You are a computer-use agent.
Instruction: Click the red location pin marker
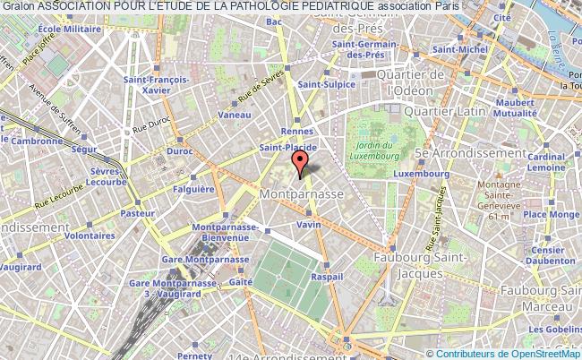pyautogui.click(x=300, y=164)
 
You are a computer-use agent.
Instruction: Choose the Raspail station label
pyautogui.click(x=329, y=278)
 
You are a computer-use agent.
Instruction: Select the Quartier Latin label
pyautogui.click(x=445, y=111)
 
